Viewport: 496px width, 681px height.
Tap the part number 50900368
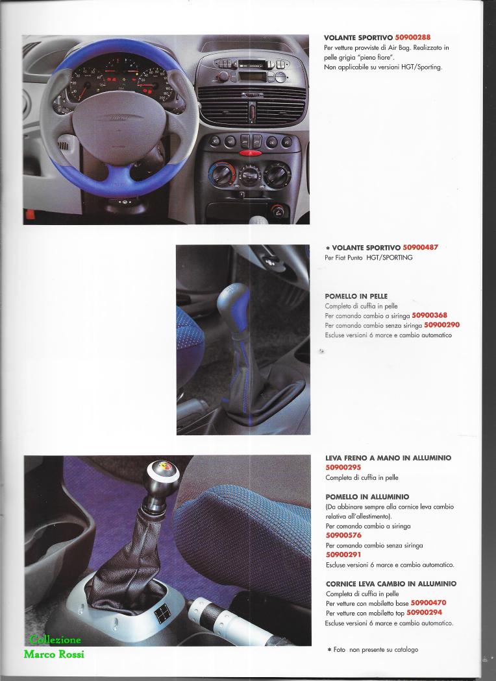coord(429,315)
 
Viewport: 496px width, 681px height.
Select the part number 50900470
coord(428,603)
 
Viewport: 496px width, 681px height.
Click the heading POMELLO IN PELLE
coord(356,296)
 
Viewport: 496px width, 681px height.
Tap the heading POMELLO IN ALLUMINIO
coord(367,497)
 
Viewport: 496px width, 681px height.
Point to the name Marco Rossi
coord(54,654)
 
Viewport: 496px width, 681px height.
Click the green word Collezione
coord(55,641)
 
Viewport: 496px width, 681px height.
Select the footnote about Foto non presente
coord(371,649)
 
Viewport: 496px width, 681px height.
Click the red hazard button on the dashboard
coord(251,154)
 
